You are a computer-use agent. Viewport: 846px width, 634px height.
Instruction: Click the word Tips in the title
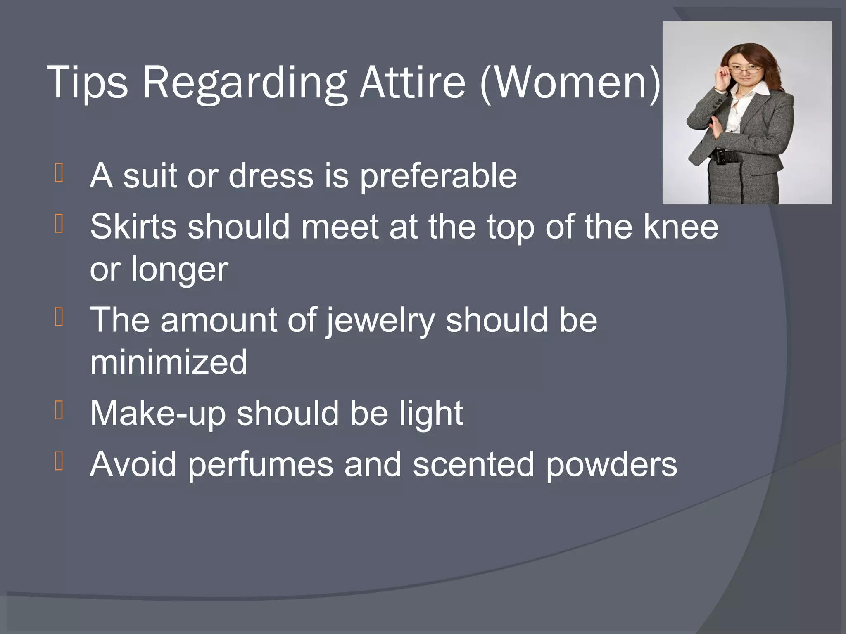coord(88,83)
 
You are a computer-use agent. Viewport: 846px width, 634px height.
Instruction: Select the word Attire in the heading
coord(413,83)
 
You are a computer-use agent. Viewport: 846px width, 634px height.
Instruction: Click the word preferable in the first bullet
coord(438,176)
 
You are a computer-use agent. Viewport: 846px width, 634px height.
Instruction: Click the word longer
coord(179,270)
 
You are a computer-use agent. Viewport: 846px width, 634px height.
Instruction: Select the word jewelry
coord(380,320)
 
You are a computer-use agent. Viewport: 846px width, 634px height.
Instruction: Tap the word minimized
coord(169,362)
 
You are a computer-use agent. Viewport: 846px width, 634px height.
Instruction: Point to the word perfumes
coord(261,464)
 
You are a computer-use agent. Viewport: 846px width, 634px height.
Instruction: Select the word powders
coord(611,464)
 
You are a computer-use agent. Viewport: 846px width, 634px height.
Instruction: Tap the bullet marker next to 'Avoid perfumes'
coord(59,461)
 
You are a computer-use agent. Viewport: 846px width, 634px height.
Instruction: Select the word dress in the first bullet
coord(271,176)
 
